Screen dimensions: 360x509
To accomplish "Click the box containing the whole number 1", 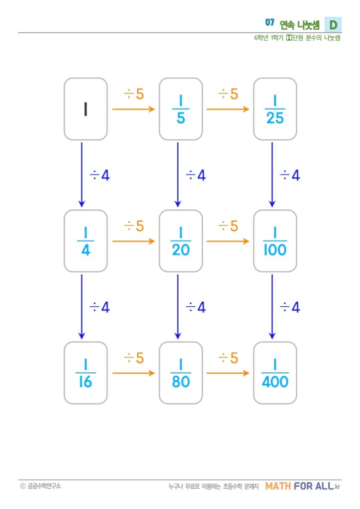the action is [86, 109].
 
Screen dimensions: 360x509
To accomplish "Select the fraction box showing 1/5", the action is [181, 109].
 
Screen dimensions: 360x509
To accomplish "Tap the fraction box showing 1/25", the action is [275, 109].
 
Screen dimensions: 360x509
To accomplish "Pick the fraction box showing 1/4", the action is [86, 241].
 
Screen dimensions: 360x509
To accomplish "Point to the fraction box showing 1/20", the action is [181, 241].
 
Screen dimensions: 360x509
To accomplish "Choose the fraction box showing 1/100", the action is [275, 241].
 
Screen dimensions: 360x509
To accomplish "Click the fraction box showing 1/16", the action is [86, 373].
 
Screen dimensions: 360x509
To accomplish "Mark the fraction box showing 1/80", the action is [181, 373].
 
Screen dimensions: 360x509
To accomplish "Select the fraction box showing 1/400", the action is [275, 373].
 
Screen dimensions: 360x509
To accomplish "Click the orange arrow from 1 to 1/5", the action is [133, 109].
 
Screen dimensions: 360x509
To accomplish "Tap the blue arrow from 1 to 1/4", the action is [82, 174].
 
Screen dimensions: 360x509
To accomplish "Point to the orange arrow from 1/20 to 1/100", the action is [228, 241].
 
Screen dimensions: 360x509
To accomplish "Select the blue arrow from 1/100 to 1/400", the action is [272, 307].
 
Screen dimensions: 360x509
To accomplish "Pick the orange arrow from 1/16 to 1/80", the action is [133, 373].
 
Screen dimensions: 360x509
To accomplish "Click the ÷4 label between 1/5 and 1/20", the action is [196, 175].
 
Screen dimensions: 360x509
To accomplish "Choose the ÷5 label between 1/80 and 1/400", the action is [228, 358].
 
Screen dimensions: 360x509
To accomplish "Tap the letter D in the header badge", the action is [333, 25].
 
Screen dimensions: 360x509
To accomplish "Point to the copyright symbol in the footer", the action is [23, 486].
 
